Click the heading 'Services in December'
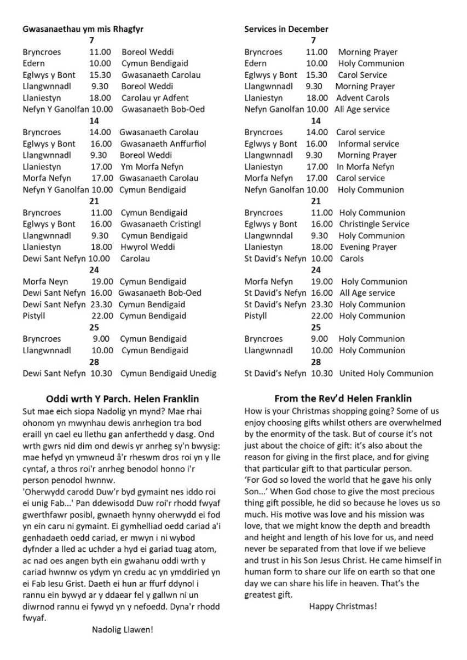(x=286, y=29)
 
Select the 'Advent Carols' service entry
(x=363, y=98)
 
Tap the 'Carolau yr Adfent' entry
(x=155, y=98)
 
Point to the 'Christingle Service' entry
(x=374, y=224)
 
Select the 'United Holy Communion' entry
(x=386, y=373)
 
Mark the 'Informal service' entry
(x=368, y=144)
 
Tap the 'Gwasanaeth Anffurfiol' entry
(x=163, y=144)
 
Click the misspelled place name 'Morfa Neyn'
(x=45, y=282)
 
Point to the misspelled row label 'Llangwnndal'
(x=268, y=236)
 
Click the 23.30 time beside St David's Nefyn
(x=322, y=305)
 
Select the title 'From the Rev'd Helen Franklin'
(x=343, y=398)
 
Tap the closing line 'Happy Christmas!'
(x=343, y=606)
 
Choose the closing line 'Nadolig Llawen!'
(x=123, y=629)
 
